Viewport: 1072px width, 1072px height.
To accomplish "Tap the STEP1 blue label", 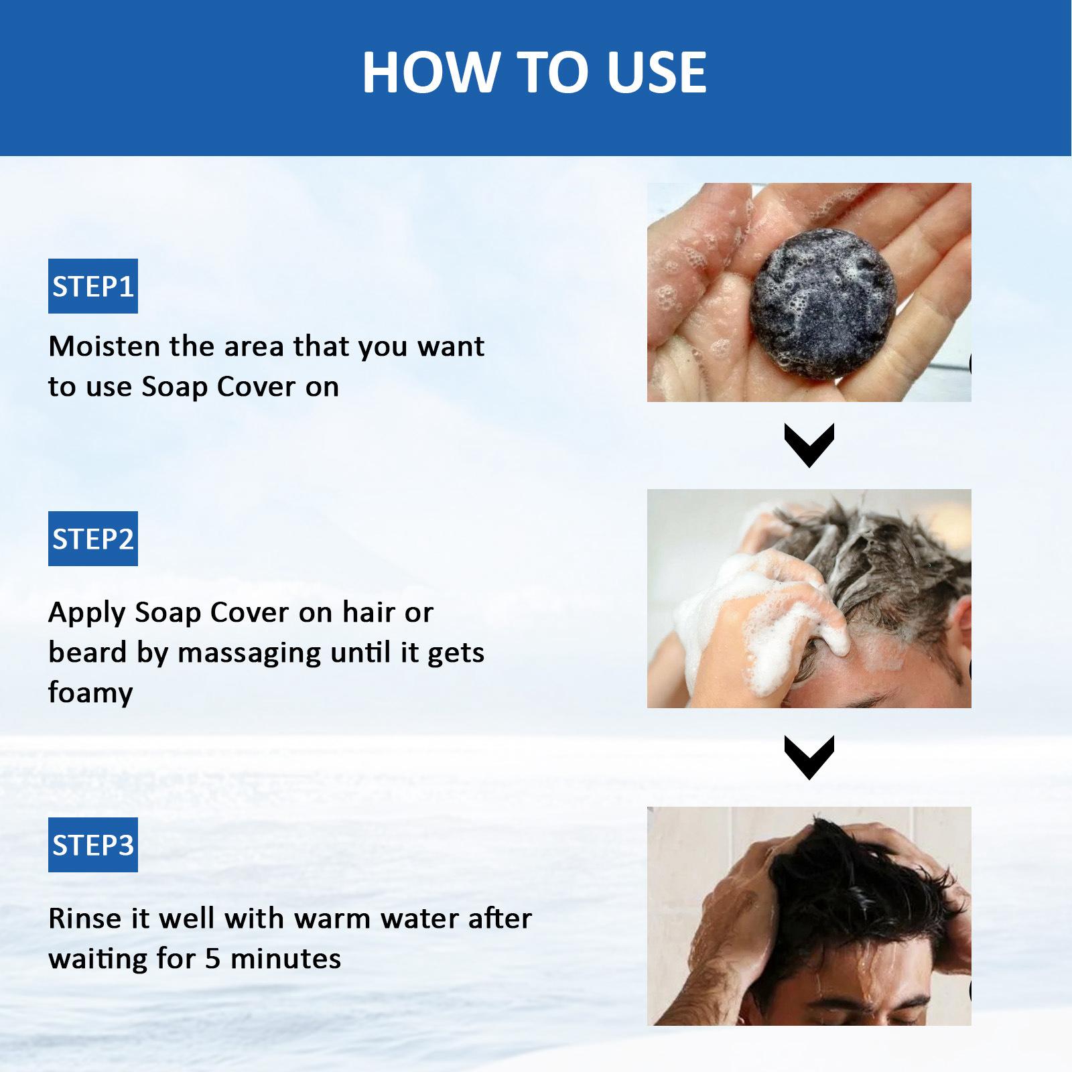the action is (x=93, y=286).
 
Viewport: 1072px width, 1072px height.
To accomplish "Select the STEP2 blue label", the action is (x=93, y=539).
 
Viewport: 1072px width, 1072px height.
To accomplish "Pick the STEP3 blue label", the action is (x=93, y=845).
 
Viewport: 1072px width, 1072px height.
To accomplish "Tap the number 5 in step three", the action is (x=213, y=959).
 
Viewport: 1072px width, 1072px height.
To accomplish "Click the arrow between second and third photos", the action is (x=809, y=758).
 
